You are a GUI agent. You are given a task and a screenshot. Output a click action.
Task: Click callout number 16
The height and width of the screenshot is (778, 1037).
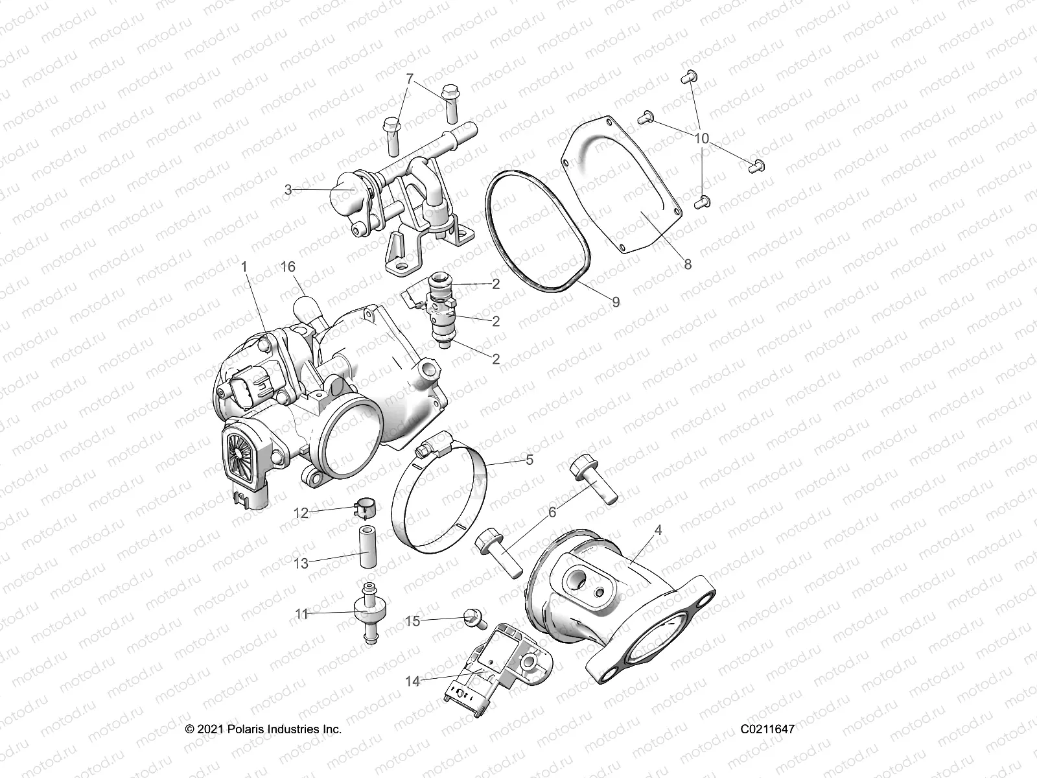pos(288,267)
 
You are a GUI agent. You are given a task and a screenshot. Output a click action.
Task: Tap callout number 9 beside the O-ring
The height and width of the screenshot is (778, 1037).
pos(615,302)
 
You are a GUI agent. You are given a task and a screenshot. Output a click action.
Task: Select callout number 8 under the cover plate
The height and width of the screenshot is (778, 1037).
pos(687,265)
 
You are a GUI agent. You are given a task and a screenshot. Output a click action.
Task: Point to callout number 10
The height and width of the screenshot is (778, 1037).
pos(701,139)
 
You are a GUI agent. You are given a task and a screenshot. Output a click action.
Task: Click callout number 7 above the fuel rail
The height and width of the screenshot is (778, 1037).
pos(409,79)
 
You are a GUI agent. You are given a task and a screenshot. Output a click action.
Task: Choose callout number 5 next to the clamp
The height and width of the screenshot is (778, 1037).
pos(530,460)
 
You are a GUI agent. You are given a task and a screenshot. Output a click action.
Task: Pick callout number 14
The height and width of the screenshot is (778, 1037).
pos(413,681)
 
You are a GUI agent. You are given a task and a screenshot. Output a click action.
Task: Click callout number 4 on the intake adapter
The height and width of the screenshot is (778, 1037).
pos(658,530)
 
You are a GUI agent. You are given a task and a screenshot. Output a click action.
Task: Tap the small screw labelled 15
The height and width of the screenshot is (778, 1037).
pos(474,619)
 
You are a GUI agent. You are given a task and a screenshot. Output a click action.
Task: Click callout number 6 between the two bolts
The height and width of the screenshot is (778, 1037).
pos(552,512)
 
